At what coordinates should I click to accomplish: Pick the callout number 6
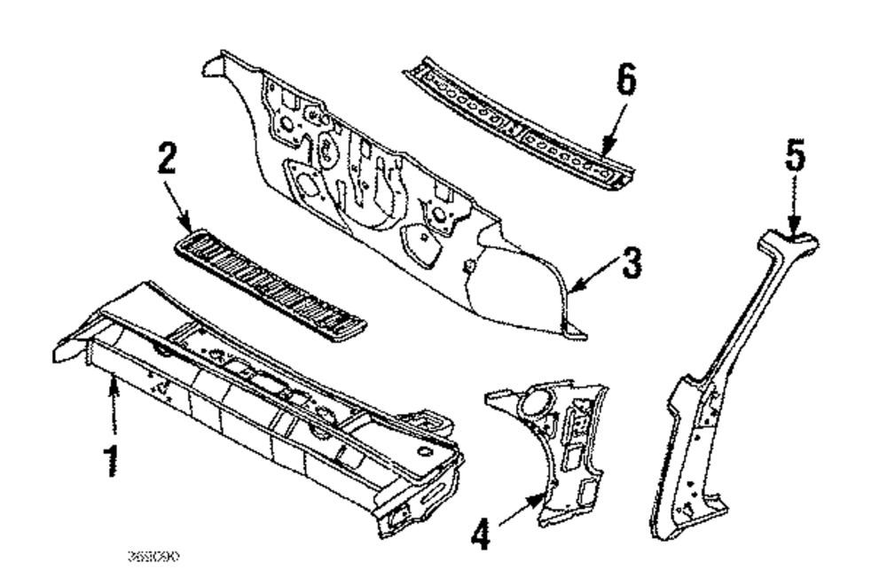tap(625, 86)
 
